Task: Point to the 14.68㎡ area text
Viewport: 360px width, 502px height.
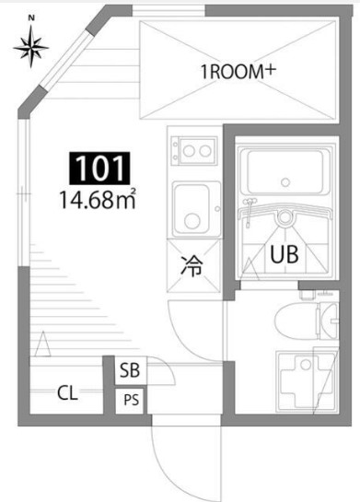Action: pos(98,198)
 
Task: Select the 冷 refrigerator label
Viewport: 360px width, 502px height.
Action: pos(192,268)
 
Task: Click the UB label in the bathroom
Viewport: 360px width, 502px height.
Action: pos(283,257)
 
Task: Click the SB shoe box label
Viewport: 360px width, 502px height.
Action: pos(129,371)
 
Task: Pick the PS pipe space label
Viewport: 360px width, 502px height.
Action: pos(129,400)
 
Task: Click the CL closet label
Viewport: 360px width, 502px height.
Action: pos(67,393)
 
